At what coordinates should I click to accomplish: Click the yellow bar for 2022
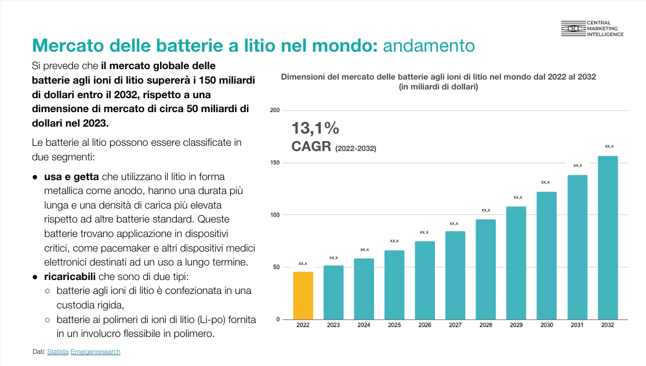pyautogui.click(x=303, y=296)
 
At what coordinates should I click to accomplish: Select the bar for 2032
pyautogui.click(x=608, y=238)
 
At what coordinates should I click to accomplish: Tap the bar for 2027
pyautogui.click(x=455, y=275)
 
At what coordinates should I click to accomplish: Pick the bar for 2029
pyautogui.click(x=516, y=263)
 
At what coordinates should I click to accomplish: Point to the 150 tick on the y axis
pyautogui.click(x=275, y=163)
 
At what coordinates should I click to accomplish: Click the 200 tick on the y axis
pyautogui.click(x=275, y=110)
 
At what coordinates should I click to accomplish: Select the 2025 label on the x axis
pyautogui.click(x=394, y=325)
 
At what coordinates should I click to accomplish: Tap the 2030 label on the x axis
pyautogui.click(x=547, y=325)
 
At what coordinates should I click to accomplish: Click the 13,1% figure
pyautogui.click(x=315, y=128)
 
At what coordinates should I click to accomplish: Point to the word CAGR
pyautogui.click(x=311, y=146)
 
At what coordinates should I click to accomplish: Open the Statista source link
pyautogui.click(x=57, y=351)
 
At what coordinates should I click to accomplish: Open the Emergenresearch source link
pyautogui.click(x=96, y=351)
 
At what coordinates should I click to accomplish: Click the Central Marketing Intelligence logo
pyautogui.click(x=592, y=28)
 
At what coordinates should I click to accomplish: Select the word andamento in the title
pyautogui.click(x=429, y=45)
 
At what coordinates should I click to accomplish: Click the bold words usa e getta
pyautogui.click(x=72, y=177)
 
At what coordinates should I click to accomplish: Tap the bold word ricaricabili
pyautogui.click(x=70, y=277)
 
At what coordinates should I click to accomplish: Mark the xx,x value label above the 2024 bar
pyautogui.click(x=364, y=250)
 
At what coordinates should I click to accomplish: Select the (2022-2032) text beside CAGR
pyautogui.click(x=355, y=149)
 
